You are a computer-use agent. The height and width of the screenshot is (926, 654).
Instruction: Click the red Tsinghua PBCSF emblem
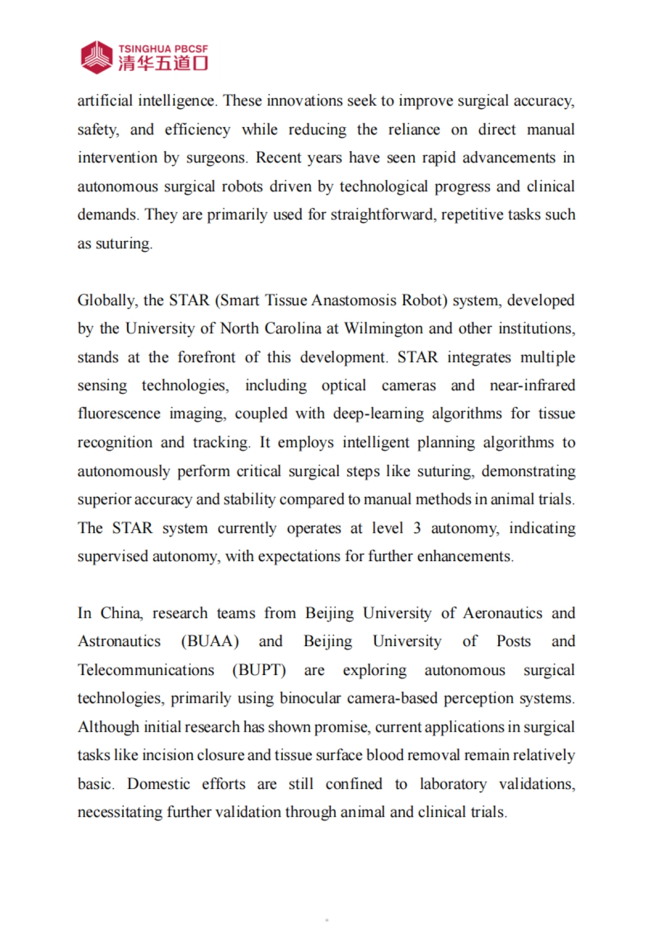coord(96,57)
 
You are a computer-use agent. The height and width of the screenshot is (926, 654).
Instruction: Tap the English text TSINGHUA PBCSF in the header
coord(163,49)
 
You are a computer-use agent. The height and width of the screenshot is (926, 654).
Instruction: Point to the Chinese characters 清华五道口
coord(163,63)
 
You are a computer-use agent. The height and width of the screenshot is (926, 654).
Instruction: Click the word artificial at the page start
coord(105,101)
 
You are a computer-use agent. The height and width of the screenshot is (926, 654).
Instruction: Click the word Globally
coord(107,300)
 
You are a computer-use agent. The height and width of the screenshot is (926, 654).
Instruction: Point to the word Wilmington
coord(384,329)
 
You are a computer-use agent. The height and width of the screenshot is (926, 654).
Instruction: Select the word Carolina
coord(293,329)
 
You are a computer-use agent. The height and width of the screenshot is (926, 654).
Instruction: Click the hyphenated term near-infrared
coord(532,386)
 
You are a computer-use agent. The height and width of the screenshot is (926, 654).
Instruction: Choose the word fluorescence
coord(119,414)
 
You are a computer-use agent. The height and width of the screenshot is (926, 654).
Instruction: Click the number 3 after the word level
coord(417,528)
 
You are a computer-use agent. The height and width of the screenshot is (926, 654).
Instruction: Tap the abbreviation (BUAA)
coord(210,641)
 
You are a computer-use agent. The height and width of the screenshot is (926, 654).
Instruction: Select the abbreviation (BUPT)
coord(259,670)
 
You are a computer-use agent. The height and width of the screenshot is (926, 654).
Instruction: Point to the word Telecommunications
coord(146,670)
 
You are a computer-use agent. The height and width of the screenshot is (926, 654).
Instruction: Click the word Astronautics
coord(119,641)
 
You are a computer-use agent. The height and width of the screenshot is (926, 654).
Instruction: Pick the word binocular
coord(310,699)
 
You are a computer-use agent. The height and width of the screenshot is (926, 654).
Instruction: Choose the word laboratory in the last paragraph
coord(453,784)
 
